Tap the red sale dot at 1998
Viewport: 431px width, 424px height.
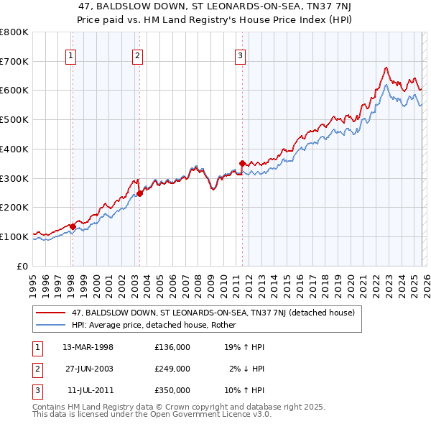(73, 226)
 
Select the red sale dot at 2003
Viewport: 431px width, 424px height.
(139, 193)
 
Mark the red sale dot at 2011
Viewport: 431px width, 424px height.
(242, 163)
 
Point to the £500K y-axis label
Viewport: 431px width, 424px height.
(14, 119)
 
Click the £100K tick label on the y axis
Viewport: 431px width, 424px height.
(14, 236)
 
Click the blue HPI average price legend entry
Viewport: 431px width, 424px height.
(157, 325)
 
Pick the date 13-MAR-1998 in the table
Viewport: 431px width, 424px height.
(88, 346)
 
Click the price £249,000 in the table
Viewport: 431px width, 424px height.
(172, 368)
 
